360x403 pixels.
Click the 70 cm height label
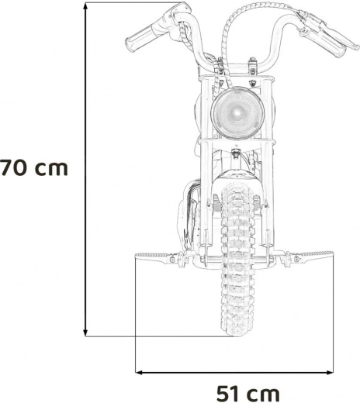[x=34, y=168]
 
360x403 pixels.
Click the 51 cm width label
[x=248, y=394]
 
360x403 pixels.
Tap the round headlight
[x=237, y=113]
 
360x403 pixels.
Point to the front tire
[x=237, y=259]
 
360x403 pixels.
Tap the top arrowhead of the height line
[x=85, y=6]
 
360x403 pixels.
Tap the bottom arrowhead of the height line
[x=85, y=332]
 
